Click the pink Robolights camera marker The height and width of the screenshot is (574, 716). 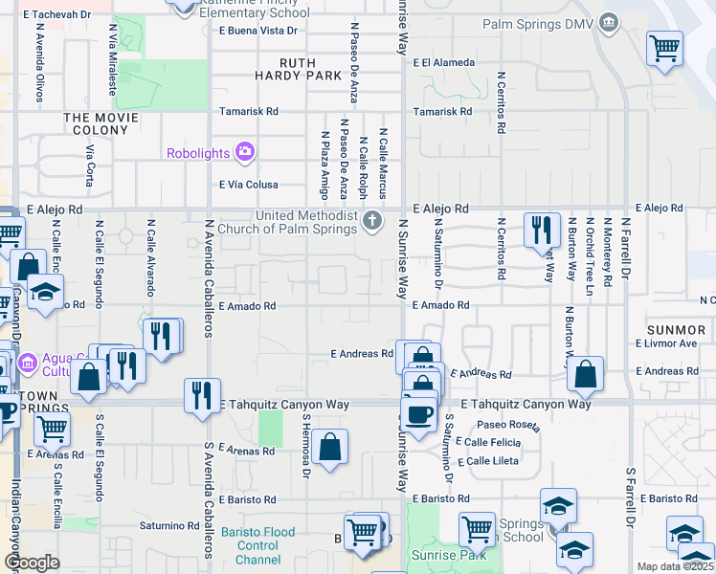245,152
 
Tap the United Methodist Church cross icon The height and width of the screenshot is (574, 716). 373,222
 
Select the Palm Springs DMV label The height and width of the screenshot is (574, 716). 538,22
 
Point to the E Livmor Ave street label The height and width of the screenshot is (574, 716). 665,343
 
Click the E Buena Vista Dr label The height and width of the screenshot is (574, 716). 257,31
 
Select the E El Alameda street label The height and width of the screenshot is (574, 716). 443,63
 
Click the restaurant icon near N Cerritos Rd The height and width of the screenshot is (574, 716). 542,231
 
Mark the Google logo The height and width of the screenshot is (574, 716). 32,563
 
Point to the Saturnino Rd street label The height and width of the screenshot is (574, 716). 166,525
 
